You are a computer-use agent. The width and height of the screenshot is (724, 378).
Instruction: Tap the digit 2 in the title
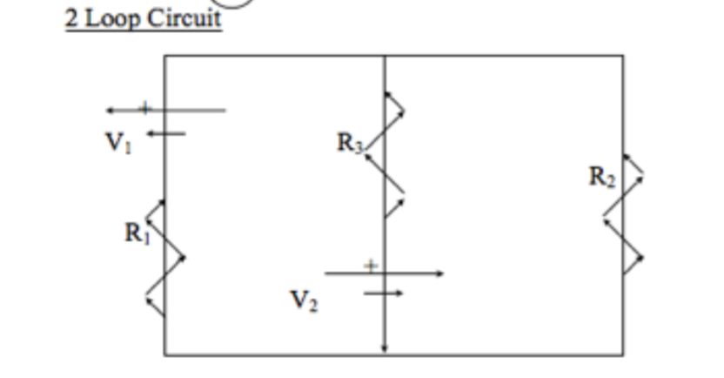point(72,17)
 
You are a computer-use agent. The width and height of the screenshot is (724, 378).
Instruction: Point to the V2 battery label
point(303,301)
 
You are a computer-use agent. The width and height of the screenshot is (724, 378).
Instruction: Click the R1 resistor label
point(137,233)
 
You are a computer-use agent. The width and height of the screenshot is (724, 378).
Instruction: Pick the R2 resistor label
point(601,177)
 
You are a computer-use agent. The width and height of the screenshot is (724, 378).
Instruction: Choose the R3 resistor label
point(350,142)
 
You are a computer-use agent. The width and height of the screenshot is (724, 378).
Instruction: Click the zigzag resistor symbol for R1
point(164,257)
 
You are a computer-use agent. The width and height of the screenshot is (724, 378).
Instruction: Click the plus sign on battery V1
point(144,108)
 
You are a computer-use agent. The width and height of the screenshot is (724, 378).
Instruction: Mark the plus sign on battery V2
point(372,264)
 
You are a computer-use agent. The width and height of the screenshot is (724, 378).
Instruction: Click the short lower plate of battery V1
point(165,133)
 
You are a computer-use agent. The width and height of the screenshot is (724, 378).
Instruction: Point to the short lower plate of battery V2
point(384,294)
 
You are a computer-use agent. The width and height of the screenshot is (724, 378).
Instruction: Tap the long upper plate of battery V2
point(384,273)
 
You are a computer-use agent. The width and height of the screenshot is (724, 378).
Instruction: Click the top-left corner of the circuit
point(164,56)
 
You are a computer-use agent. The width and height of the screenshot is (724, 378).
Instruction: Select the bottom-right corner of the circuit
point(623,354)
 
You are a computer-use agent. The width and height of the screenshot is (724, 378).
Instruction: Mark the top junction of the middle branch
point(385,56)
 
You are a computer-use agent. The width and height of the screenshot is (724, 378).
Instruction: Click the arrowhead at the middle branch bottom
point(385,350)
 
